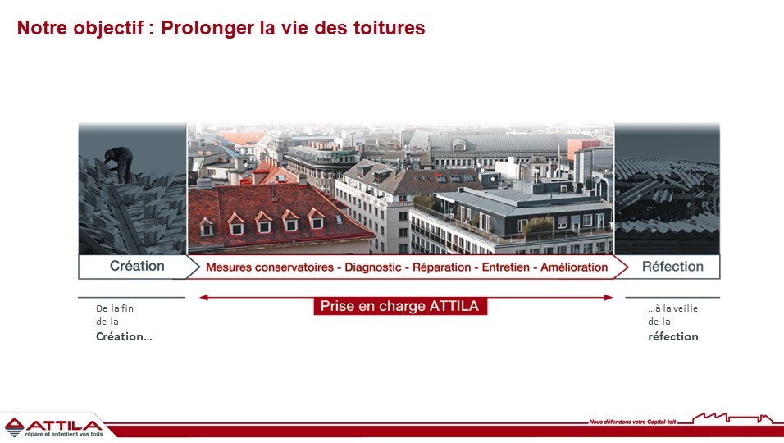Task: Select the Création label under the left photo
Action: tap(137, 266)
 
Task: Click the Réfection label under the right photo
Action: tap(672, 267)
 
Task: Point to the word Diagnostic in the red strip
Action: tap(373, 267)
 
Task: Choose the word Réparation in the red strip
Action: tap(441, 267)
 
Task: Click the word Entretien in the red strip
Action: tap(505, 267)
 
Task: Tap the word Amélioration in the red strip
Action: tap(574, 267)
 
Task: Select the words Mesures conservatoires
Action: tap(270, 267)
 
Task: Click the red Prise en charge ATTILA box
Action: tap(400, 306)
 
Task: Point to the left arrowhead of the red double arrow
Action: tap(203, 298)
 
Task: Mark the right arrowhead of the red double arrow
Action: tap(609, 298)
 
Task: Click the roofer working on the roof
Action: tap(120, 164)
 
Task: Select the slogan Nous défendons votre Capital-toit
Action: tap(632, 422)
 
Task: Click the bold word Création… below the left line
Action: tap(124, 336)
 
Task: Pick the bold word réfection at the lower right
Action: tap(673, 336)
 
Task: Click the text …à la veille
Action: tap(672, 308)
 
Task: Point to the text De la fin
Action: tap(115, 308)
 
